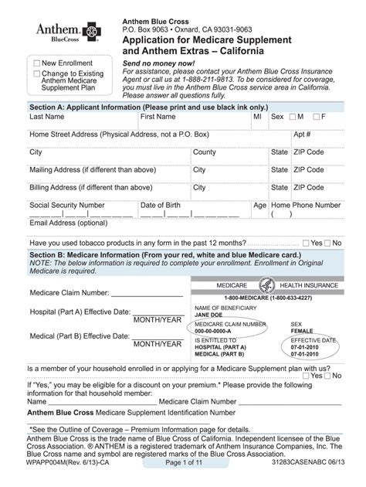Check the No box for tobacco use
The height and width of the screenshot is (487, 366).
(x=327, y=243)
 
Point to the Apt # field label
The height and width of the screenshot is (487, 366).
(x=302, y=135)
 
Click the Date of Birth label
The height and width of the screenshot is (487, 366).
(x=161, y=205)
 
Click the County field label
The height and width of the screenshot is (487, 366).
(x=205, y=152)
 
